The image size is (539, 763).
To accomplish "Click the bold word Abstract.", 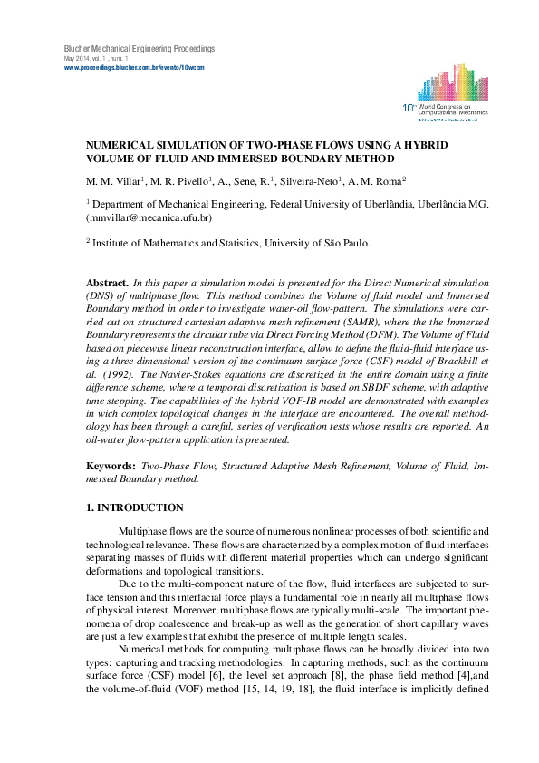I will [107, 284].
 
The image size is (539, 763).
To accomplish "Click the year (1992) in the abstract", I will [126, 372].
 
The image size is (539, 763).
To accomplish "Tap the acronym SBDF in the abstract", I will [341, 384].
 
